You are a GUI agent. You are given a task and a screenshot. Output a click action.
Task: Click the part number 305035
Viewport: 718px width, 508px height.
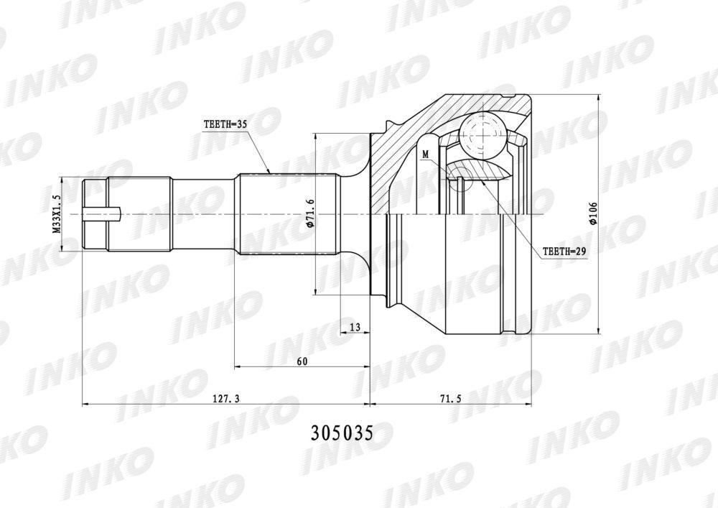342,432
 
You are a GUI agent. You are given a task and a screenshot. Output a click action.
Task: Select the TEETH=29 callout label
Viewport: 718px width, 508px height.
564,251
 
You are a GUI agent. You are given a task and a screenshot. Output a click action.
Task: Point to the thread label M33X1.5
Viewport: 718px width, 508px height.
57,214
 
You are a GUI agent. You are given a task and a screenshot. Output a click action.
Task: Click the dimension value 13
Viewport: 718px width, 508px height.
355,327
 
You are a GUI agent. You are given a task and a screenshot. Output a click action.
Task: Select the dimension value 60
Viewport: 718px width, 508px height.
302,361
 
